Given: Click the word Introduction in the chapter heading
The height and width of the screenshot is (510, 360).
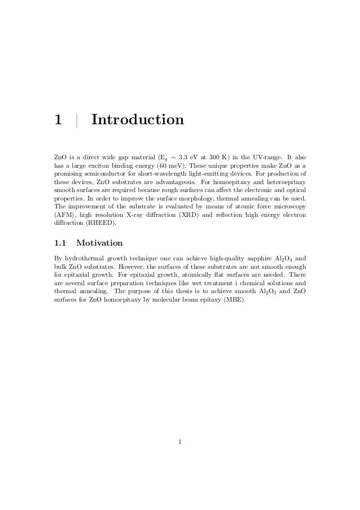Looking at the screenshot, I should (137, 120).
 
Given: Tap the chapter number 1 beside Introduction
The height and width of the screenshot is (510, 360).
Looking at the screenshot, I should (57, 120).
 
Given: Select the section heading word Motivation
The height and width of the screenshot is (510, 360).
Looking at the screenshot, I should (99, 243).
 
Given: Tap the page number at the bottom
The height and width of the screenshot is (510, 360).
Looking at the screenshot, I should (179, 442).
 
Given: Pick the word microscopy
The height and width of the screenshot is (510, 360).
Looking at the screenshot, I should (292, 207).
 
